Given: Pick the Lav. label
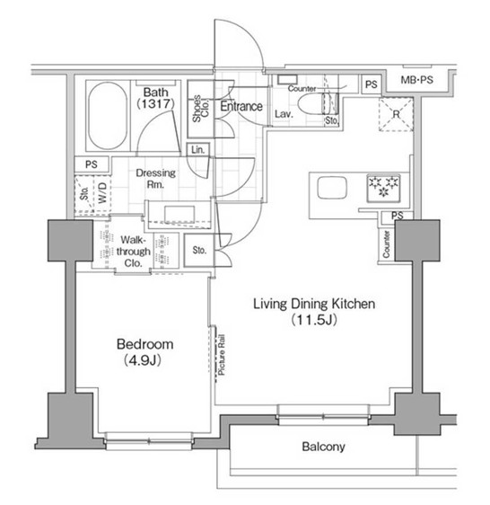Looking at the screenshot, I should point(282,115).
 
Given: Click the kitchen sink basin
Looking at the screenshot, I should point(330,190).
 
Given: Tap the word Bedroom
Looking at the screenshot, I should point(143,344).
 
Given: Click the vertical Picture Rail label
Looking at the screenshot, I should point(221,358).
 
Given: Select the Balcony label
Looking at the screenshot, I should point(322,447).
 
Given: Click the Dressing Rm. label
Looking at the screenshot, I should point(155,179).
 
